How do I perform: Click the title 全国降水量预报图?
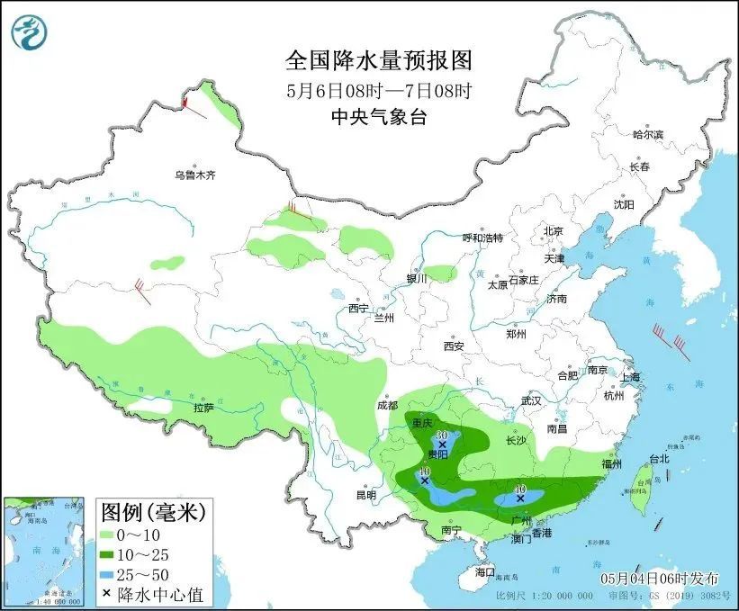pyautogui.click(x=378, y=61)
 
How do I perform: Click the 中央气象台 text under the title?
pyautogui.click(x=378, y=115)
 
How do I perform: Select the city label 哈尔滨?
pyautogui.click(x=647, y=135)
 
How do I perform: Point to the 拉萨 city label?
pyautogui.click(x=203, y=408)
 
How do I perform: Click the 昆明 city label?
pyautogui.click(x=365, y=494)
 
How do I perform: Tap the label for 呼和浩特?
pyautogui.click(x=482, y=238)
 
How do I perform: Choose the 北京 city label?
pyautogui.click(x=553, y=231)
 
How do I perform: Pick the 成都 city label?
pyautogui.click(x=387, y=406)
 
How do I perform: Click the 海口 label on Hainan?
pyautogui.click(x=485, y=572)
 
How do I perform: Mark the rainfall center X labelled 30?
pyautogui.click(x=442, y=445)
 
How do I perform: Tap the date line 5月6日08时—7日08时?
pyautogui.click(x=378, y=90)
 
